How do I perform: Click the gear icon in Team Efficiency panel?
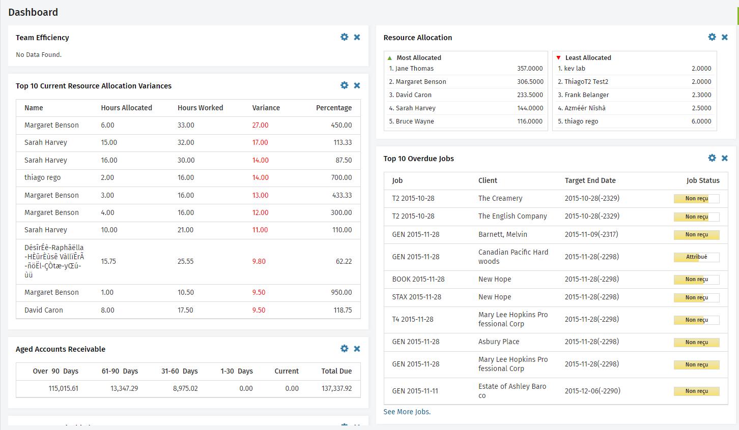tap(344, 37)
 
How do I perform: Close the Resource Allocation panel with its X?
tap(725, 37)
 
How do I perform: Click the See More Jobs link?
tap(407, 412)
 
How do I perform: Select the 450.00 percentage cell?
tap(341, 125)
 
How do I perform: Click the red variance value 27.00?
tap(260, 125)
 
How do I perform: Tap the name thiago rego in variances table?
tap(42, 177)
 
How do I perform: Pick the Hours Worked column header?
tap(200, 108)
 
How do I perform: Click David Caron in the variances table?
tap(44, 310)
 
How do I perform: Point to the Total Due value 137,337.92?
tap(336, 388)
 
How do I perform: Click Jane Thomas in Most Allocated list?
tap(414, 69)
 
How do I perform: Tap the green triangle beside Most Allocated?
tap(390, 58)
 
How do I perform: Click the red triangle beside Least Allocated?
tap(558, 58)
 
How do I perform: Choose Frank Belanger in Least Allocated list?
tap(586, 95)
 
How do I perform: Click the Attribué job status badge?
tap(696, 257)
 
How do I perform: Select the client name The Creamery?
tap(500, 198)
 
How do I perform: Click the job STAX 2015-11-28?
tap(416, 297)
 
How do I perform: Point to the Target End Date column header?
tap(590, 180)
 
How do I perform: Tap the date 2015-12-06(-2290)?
tap(592, 391)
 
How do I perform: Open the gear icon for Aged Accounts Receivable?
tap(344, 349)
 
